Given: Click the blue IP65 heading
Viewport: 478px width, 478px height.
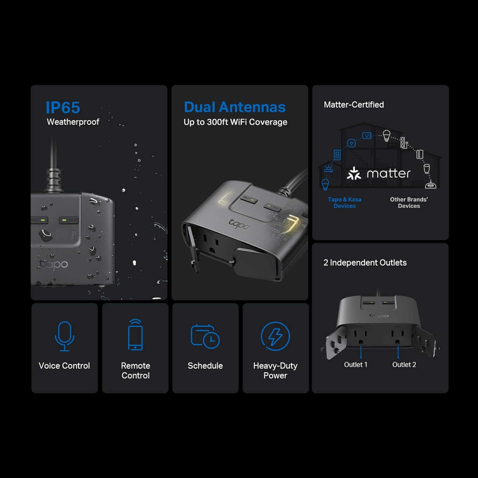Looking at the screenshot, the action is click(x=63, y=107).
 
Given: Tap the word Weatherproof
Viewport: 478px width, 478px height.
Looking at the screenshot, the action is click(x=73, y=122).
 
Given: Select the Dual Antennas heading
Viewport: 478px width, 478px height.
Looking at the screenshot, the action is click(x=235, y=107).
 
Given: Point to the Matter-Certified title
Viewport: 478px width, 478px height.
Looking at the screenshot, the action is click(x=354, y=105).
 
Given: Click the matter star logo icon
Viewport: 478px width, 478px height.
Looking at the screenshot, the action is click(x=354, y=173).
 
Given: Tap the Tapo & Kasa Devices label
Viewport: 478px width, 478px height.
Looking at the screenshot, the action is click(x=344, y=203).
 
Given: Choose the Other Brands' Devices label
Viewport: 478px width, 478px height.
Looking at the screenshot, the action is click(x=409, y=203).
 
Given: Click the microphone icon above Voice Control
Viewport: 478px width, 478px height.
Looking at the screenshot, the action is click(x=65, y=336).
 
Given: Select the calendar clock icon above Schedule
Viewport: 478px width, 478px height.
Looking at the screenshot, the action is click(x=205, y=336).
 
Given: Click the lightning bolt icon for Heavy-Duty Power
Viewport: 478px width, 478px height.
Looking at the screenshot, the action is click(x=275, y=336).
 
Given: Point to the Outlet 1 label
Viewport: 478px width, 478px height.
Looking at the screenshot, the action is click(x=356, y=365).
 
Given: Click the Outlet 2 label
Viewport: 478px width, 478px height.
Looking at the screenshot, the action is click(x=404, y=365).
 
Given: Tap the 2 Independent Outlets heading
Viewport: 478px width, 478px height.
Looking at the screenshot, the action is click(x=365, y=263).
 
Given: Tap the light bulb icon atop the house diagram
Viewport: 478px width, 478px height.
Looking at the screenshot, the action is click(x=386, y=136).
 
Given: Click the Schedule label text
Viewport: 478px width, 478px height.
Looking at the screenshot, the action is click(x=205, y=366).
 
